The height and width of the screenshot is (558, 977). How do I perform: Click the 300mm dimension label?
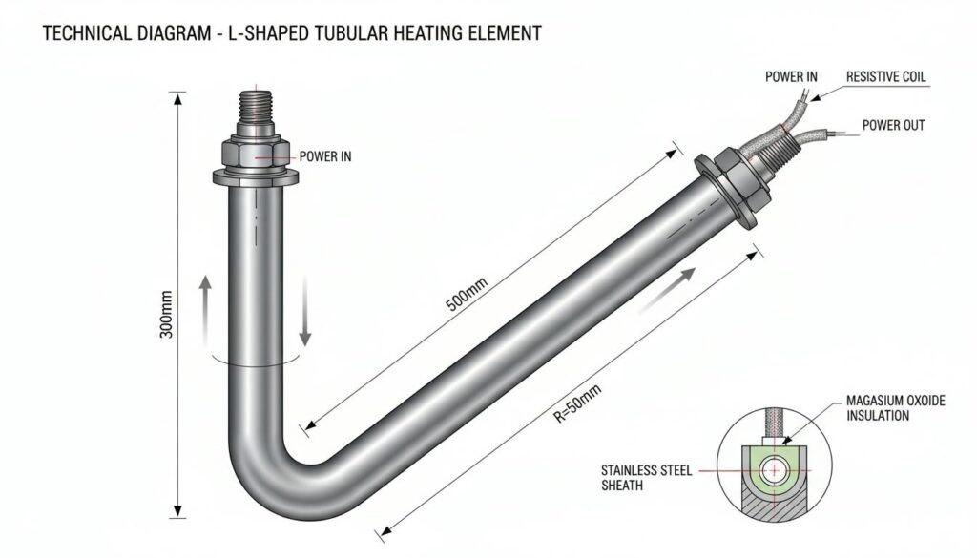pyautogui.click(x=166, y=315)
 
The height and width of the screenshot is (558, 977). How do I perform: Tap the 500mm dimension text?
pyautogui.click(x=466, y=295)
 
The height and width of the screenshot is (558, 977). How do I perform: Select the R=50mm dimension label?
pyautogui.click(x=578, y=403)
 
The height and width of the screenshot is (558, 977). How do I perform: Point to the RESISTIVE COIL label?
pyautogui.click(x=886, y=77)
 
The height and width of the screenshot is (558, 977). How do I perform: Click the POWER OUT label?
pyautogui.click(x=893, y=125)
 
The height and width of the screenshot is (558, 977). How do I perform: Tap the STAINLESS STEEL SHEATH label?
pyautogui.click(x=646, y=478)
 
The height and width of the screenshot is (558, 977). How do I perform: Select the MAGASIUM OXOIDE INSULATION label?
pyautogui.click(x=895, y=408)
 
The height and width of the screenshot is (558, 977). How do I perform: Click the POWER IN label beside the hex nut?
pyautogui.click(x=325, y=156)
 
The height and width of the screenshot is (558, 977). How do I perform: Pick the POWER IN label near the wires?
pyautogui.click(x=791, y=76)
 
